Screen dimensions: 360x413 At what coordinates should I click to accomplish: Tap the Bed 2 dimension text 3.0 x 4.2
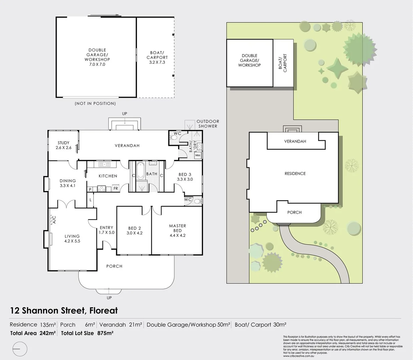point(134,233)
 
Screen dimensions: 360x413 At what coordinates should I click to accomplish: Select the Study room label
point(63,143)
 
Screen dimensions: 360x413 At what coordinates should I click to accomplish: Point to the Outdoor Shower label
point(208,124)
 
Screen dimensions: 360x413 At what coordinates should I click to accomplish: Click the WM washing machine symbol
point(197,155)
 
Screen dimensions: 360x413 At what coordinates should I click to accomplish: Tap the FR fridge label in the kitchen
point(116,189)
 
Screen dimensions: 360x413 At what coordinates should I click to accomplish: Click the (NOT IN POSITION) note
point(95,104)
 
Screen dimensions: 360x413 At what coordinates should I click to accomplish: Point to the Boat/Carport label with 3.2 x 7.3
point(157,57)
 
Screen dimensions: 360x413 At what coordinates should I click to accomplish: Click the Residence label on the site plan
point(295,174)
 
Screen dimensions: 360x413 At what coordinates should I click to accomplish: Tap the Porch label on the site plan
point(294,212)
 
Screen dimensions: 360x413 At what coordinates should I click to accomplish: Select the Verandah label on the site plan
point(295,141)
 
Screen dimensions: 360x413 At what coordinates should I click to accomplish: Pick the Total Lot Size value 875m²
point(105,333)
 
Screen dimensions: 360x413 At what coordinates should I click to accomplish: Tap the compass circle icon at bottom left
point(20,349)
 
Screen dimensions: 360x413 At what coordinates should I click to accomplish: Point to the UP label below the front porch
point(109,298)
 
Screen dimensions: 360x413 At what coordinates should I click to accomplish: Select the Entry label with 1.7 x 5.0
point(107,230)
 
